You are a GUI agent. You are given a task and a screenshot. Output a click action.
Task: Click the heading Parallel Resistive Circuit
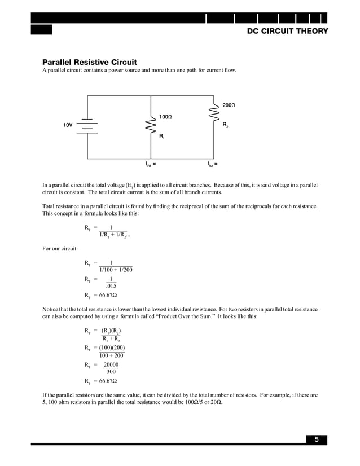90,62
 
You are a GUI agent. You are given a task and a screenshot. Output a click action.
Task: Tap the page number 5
317,440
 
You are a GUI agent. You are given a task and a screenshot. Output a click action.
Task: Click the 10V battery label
67,125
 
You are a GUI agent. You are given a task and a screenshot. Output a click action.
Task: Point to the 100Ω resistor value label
165,117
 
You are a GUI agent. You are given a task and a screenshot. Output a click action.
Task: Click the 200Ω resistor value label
228,105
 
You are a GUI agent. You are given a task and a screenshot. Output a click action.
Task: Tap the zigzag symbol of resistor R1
151,126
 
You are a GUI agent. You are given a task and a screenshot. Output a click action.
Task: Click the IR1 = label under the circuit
151,165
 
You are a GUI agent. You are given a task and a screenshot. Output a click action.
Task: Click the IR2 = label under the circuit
212,165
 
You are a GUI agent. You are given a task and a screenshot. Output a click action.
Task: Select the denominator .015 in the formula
111,286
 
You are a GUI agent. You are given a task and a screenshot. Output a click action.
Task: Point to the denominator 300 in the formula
111,372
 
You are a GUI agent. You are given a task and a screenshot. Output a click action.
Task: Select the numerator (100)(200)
112,348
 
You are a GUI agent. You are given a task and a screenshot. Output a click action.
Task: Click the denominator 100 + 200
111,355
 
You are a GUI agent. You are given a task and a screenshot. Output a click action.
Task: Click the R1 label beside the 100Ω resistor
161,137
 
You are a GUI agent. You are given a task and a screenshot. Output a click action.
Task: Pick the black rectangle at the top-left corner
41,30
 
